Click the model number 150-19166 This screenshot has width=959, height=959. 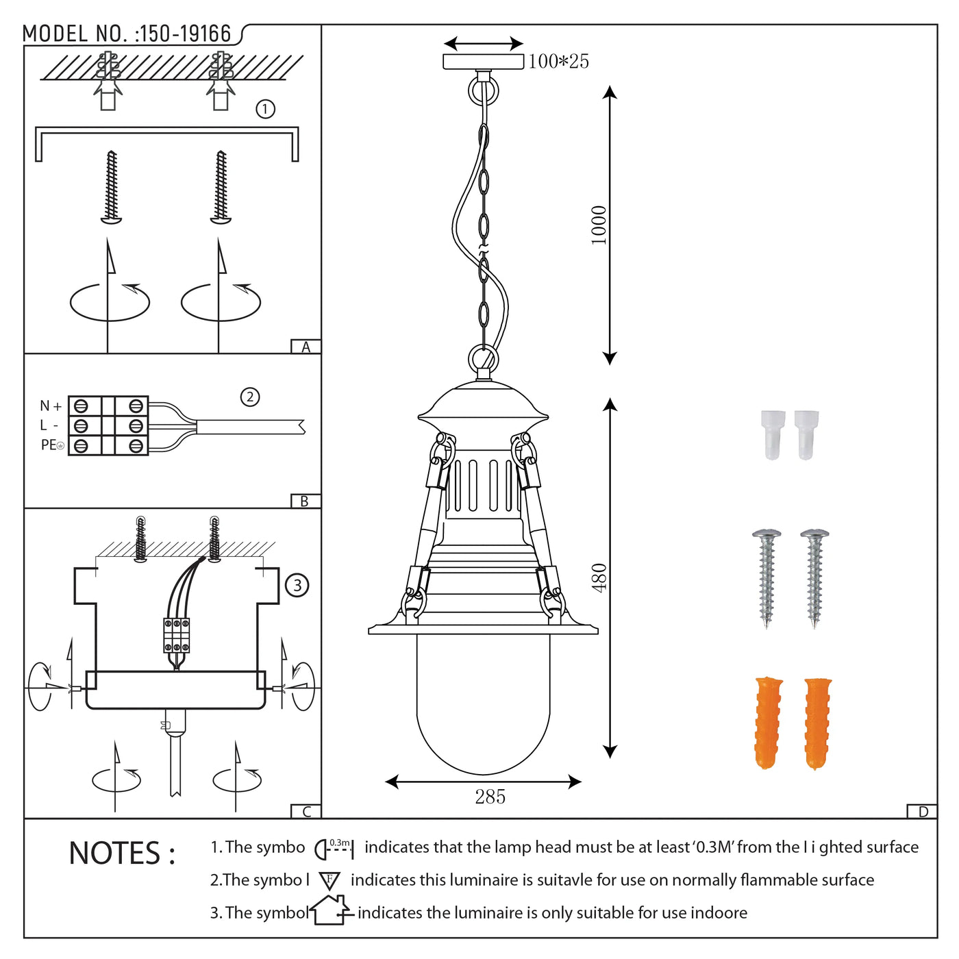click(185, 34)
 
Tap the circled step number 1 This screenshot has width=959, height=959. click(265, 109)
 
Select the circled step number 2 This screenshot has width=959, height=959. click(250, 397)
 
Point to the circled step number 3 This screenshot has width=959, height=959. click(297, 585)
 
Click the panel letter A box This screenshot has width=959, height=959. click(306, 347)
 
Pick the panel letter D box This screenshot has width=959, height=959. click(922, 812)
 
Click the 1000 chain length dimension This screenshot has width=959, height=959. click(599, 225)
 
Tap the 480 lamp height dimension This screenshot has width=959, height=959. click(599, 577)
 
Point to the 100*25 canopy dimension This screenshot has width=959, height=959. click(558, 61)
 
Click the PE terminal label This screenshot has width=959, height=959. click(52, 445)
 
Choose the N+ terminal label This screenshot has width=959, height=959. click(51, 406)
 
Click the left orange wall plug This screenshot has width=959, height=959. click(769, 723)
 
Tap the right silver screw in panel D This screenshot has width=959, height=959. click(814, 579)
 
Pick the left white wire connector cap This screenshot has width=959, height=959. click(773, 435)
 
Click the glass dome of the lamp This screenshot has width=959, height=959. click(483, 704)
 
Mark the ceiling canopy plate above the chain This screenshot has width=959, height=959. click(483, 62)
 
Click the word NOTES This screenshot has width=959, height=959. click(122, 854)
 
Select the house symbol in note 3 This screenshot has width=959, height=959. click(331, 910)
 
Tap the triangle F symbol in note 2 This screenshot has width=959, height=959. click(329, 881)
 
